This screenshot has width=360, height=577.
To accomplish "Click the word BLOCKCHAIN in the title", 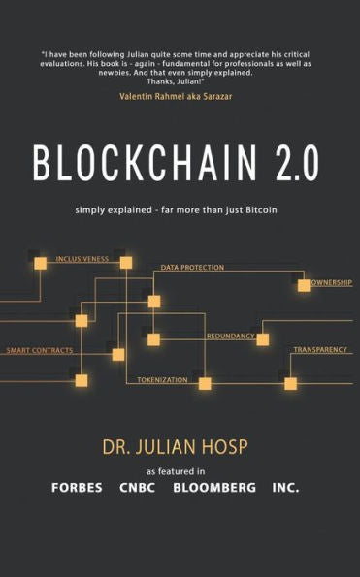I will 135,164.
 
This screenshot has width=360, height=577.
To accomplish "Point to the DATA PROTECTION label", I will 192,267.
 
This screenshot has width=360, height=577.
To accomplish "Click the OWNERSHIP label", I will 332,284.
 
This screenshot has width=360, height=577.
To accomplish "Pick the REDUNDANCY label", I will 230,336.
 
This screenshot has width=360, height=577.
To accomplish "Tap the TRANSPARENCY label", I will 320,348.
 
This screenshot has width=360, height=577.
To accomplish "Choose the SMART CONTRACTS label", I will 40,349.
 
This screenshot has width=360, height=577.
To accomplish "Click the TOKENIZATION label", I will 162,379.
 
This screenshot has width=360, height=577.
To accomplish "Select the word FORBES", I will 78,488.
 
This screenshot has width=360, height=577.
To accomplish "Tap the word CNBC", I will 139,488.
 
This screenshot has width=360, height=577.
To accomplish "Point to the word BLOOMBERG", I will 214,488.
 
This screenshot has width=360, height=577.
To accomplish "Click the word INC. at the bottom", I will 286,488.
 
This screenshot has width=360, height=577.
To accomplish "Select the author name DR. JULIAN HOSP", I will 180,450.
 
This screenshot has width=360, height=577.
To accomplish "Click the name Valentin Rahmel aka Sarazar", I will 180,97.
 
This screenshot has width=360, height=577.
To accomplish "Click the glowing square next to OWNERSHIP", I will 304,285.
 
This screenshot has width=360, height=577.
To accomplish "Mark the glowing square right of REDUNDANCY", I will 262,339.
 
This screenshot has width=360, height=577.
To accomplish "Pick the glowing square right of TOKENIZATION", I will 205,383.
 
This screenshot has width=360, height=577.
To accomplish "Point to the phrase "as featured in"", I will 180,470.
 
